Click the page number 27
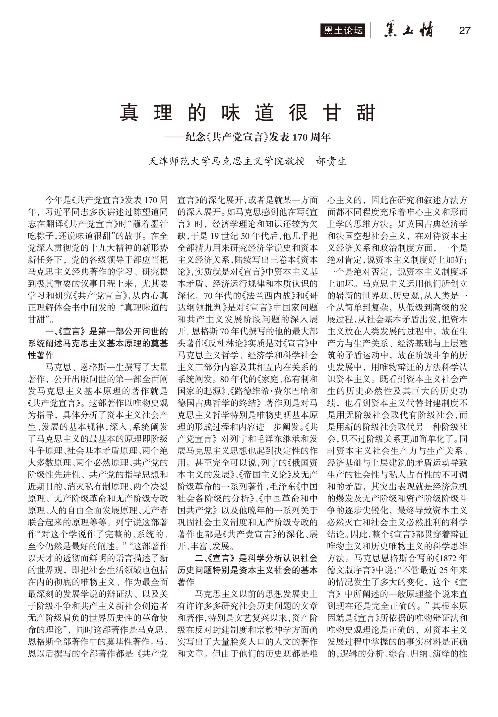[x=464, y=31]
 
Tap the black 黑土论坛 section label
[x=343, y=31]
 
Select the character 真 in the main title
[x=129, y=113]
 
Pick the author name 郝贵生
[x=331, y=161]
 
